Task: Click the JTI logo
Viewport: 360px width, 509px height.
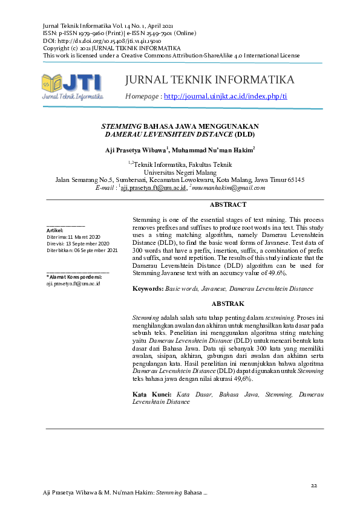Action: point(72,86)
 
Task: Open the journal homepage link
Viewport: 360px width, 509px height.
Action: point(225,97)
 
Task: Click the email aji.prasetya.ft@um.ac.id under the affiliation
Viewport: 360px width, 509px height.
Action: point(154,188)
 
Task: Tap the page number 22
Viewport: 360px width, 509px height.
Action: point(313,486)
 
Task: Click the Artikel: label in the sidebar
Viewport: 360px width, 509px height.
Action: point(55,231)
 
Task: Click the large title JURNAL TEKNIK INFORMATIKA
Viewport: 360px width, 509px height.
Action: point(209,80)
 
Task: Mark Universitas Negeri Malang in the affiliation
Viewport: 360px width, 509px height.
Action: point(180,172)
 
